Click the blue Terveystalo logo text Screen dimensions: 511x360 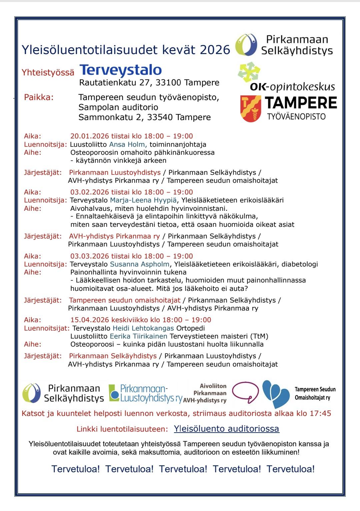click(x=121, y=70)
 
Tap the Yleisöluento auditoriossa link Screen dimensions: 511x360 click(x=226, y=429)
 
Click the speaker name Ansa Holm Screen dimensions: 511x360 click(x=127, y=144)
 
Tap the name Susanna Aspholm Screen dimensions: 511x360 click(x=140, y=265)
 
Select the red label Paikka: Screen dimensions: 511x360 click(x=39, y=98)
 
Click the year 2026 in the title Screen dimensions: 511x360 click(x=215, y=50)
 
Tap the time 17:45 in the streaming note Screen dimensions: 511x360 click(x=320, y=414)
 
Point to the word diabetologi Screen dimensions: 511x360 click(x=300, y=265)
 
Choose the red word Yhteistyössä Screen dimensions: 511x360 click(x=48, y=72)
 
